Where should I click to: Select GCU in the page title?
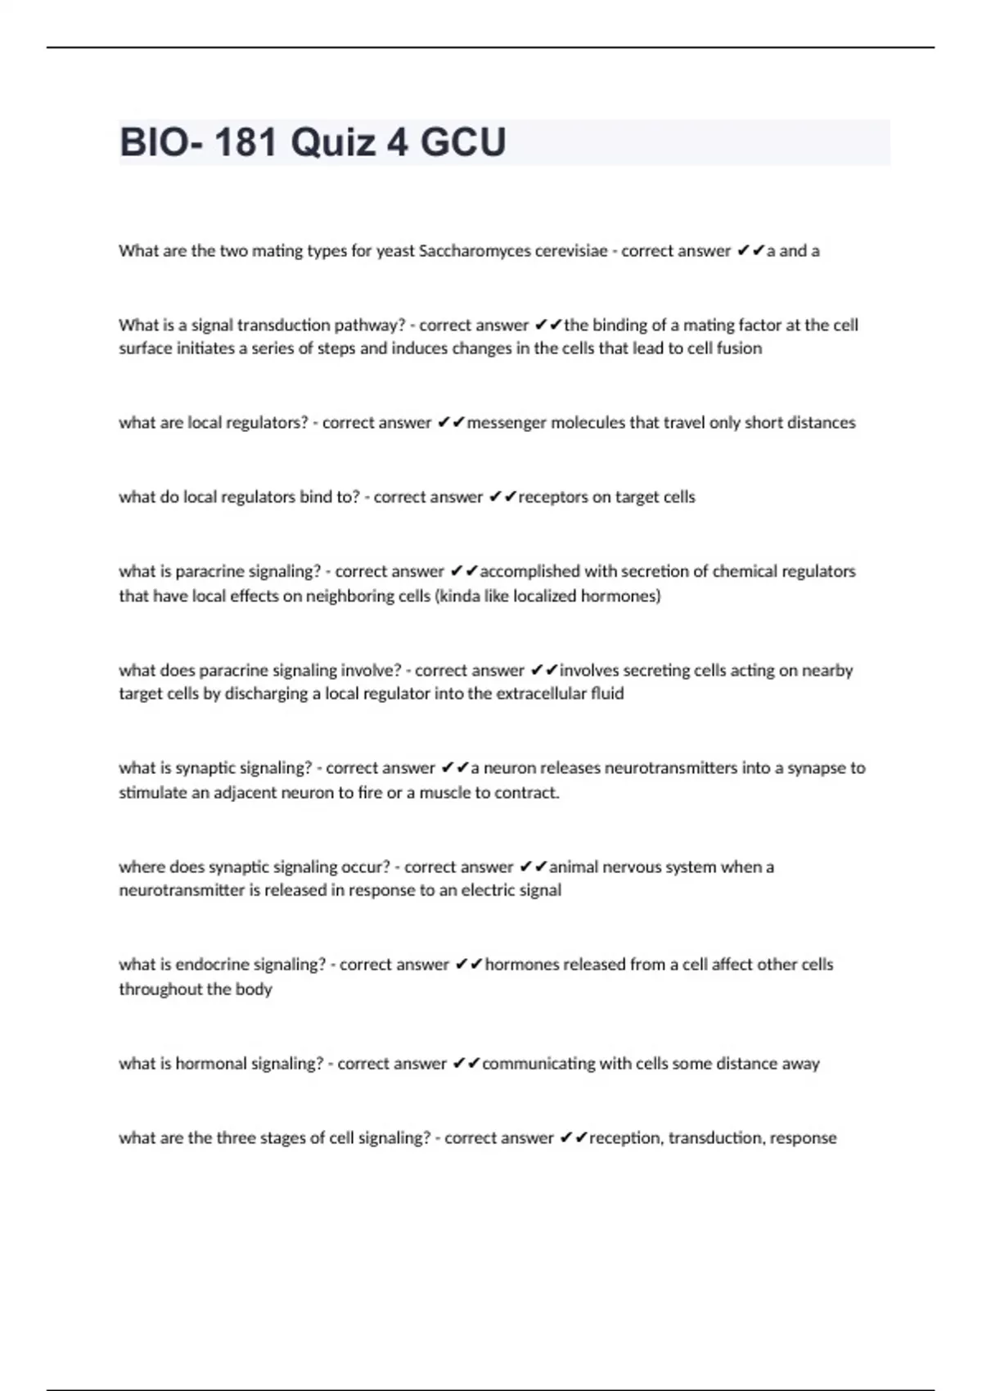tap(462, 142)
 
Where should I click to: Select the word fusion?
tap(739, 349)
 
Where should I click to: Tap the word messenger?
tap(507, 423)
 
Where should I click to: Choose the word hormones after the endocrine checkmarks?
tap(523, 965)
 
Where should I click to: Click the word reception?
tap(625, 1138)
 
